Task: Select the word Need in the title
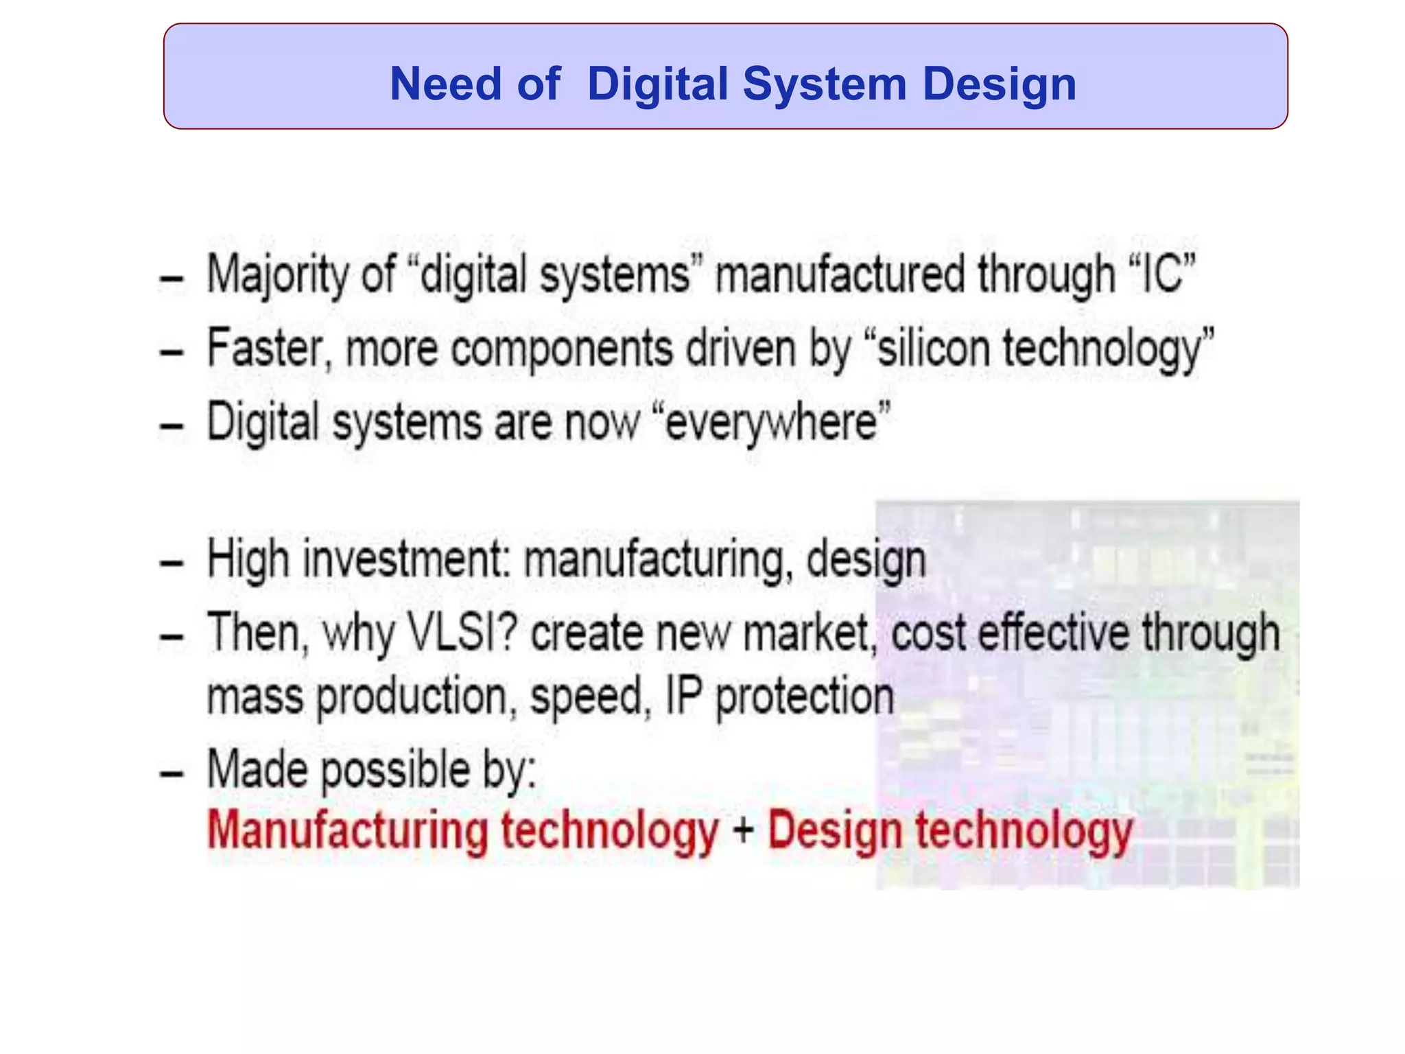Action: click(446, 84)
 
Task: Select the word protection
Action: click(805, 698)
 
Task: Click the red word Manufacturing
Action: click(346, 830)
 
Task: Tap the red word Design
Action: click(834, 830)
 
